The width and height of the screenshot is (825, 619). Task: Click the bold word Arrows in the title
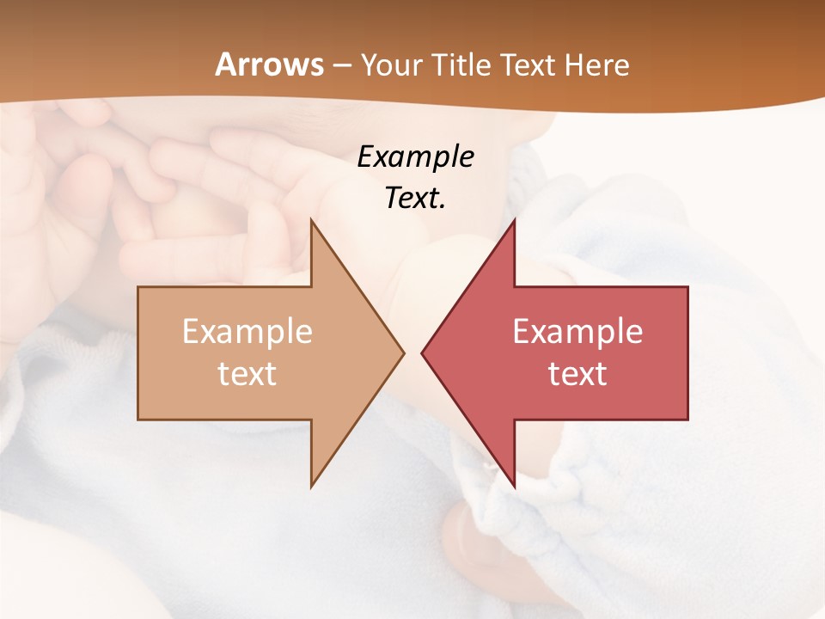[x=269, y=64]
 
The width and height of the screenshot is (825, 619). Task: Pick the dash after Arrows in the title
[x=341, y=66]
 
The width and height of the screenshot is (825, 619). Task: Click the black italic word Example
[x=415, y=157]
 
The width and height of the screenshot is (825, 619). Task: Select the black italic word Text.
[x=415, y=199]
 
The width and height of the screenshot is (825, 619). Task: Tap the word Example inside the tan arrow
[x=247, y=332]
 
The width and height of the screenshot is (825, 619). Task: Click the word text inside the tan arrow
[x=247, y=373]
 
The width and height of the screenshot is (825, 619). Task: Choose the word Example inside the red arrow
[x=577, y=332]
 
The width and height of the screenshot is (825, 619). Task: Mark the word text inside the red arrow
[x=577, y=373]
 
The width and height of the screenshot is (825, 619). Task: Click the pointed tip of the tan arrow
[x=404, y=352]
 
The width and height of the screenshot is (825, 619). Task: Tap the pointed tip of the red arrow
[x=422, y=352]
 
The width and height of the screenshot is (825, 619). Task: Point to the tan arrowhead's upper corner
[x=311, y=220]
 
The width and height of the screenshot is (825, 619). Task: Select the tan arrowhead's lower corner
[x=311, y=487]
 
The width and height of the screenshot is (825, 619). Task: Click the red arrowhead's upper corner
[x=514, y=220]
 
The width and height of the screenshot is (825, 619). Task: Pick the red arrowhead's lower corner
[x=514, y=487]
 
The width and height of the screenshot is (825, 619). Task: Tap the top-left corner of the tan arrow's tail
[x=138, y=287]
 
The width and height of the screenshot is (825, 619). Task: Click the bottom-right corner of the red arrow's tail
[x=687, y=420]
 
